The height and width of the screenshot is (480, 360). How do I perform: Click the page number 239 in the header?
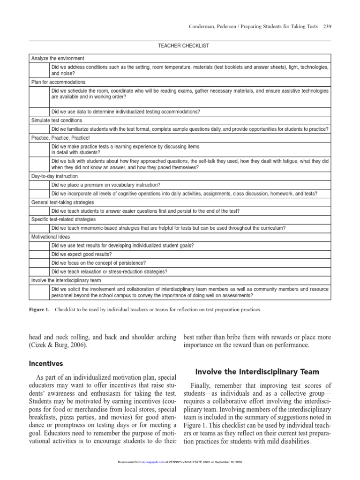pyautogui.click(x=327, y=26)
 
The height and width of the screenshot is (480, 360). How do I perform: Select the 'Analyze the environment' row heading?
pyautogui.click(x=58, y=59)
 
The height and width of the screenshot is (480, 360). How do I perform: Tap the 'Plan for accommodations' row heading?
pyautogui.click(x=58, y=82)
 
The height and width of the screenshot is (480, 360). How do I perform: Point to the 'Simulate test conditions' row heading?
pyautogui.click(x=56, y=120)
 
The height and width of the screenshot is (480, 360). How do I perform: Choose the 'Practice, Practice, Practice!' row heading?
pyautogui.click(x=60, y=138)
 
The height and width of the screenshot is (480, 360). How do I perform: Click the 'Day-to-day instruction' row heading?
pyautogui.click(x=54, y=176)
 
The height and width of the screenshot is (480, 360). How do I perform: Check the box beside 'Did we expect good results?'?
pyautogui.click(x=39, y=254)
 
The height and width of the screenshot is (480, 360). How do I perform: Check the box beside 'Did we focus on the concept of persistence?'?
pyautogui.click(x=39, y=263)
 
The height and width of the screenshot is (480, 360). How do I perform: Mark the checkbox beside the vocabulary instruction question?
pyautogui.click(x=39, y=185)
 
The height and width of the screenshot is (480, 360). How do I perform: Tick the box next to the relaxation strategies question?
pyautogui.click(x=39, y=271)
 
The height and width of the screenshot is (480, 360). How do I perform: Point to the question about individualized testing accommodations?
pyautogui.click(x=126, y=112)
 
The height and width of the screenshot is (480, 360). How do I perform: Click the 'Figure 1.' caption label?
pyautogui.click(x=39, y=310)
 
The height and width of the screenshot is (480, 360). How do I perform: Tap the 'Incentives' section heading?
pyautogui.click(x=46, y=363)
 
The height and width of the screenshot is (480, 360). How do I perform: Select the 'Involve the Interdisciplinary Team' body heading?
pyautogui.click(x=257, y=372)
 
